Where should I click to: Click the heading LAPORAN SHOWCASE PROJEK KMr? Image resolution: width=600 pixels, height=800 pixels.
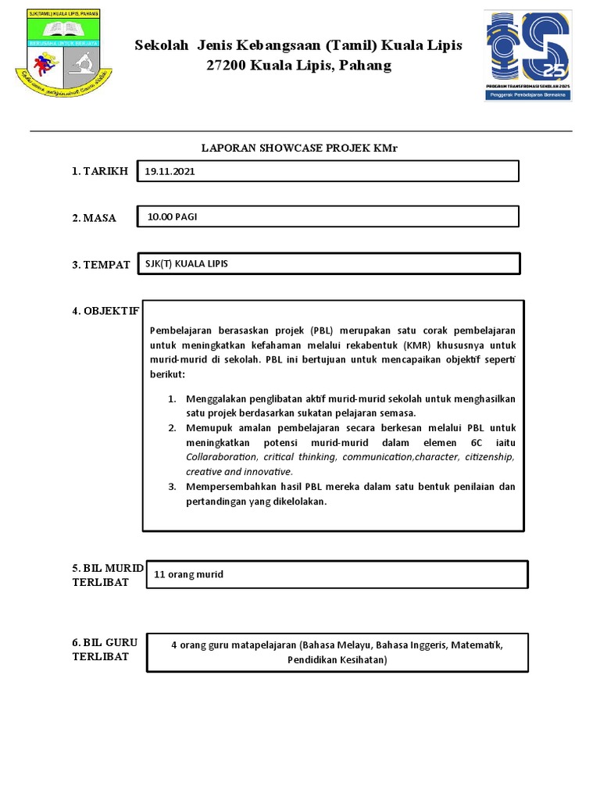(300, 148)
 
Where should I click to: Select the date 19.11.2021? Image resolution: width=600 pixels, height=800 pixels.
(170, 171)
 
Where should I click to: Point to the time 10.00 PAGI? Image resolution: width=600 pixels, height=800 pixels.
(172, 216)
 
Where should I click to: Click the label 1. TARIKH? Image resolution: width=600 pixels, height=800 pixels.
(100, 171)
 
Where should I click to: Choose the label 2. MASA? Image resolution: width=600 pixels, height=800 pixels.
(95, 218)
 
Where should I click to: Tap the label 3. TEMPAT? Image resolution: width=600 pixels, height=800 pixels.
(102, 265)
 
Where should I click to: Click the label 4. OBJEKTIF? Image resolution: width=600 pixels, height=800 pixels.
(105, 310)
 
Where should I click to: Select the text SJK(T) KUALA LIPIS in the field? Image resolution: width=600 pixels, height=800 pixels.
(187, 264)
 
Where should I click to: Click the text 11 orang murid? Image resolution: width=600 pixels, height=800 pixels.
(190, 574)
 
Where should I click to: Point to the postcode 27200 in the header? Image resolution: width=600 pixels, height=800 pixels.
(227, 66)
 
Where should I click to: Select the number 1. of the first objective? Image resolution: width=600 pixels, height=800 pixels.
(173, 398)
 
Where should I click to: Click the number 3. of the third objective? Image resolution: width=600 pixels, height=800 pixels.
(173, 487)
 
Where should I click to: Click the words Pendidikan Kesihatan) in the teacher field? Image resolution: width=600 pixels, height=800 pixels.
(337, 659)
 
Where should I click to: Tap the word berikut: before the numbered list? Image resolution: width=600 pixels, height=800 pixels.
(168, 374)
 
